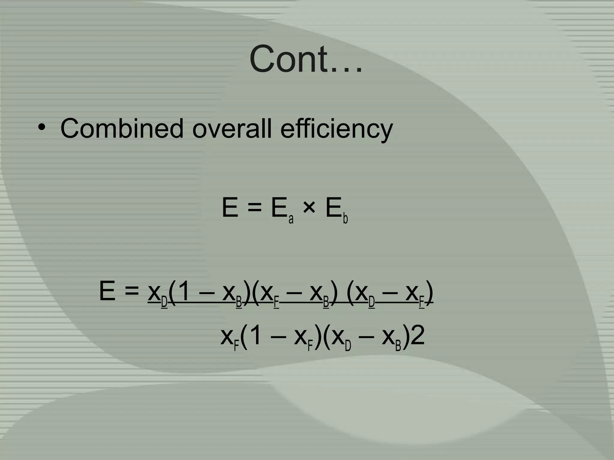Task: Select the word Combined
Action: tap(122, 128)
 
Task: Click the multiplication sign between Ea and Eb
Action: tap(309, 208)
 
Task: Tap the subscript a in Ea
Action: tap(291, 219)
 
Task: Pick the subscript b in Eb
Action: tap(345, 219)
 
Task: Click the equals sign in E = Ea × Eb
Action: tap(255, 208)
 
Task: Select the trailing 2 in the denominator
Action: tap(417, 336)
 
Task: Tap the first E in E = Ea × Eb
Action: tap(230, 208)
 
